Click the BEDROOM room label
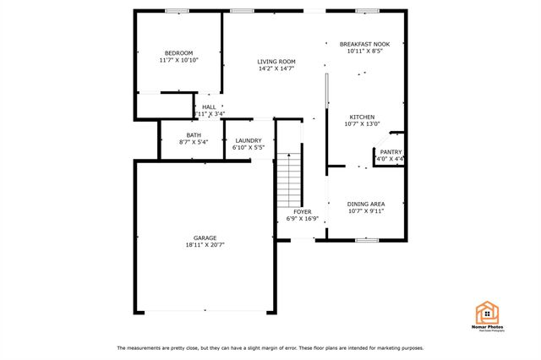tap(178, 52)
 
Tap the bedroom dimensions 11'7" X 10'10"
tap(178, 60)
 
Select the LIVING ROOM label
tap(276, 61)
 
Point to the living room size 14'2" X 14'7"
tap(276, 68)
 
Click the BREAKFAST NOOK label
tap(364, 44)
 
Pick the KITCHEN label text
tap(363, 117)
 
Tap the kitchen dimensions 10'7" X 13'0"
tap(363, 125)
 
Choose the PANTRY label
tap(391, 151)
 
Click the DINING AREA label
tap(366, 204)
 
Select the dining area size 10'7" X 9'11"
tap(366, 211)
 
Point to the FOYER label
tap(303, 211)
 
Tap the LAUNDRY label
tap(249, 140)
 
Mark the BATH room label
tap(194, 135)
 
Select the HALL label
tap(208, 106)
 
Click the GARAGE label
tap(205, 237)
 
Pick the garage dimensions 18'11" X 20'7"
tap(205, 245)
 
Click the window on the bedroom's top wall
tap(177, 11)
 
